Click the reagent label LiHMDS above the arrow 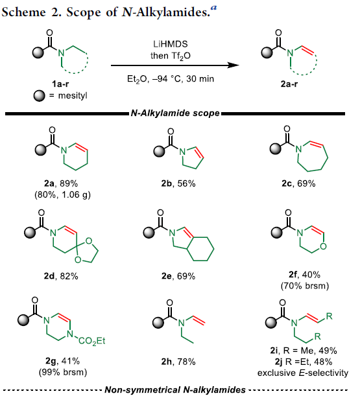click(x=171, y=44)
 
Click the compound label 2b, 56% click(x=178, y=183)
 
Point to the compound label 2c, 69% click(x=298, y=183)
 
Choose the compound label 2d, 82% click(x=61, y=276)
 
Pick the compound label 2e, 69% click(x=178, y=276)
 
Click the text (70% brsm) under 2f click(x=305, y=286)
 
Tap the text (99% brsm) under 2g click(x=63, y=372)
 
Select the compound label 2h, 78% click(x=178, y=362)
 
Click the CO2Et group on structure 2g click(x=91, y=341)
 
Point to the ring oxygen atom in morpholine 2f click(x=323, y=246)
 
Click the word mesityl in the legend click(x=73, y=96)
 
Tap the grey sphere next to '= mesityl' click(x=39, y=96)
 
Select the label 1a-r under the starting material click(x=60, y=84)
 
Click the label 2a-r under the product click(x=289, y=84)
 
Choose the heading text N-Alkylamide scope click(x=175, y=113)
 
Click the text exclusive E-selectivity click(x=303, y=373)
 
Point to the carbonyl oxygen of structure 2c click(x=287, y=129)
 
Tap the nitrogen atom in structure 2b click(x=182, y=152)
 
